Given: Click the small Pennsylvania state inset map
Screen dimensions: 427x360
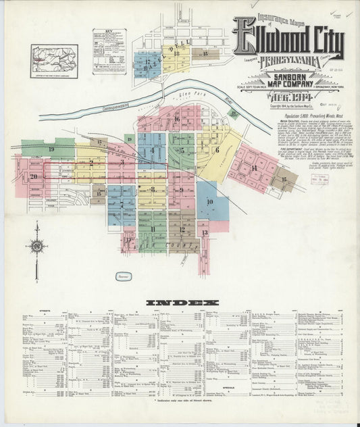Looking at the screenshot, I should pos(54,57).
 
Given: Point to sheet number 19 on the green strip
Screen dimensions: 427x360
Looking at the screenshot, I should pos(51,148).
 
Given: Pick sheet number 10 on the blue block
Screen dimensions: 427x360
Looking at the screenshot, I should pos(209,202).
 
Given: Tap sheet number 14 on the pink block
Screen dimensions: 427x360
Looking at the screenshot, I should pos(253,167).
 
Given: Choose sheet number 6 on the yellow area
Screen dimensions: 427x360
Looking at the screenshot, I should pos(217,150).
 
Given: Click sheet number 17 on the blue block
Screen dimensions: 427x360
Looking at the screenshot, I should pos(147,61).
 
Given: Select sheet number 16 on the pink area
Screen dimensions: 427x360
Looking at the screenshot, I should pos(177,119).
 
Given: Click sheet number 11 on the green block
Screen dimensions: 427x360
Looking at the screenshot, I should pos(153,230).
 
